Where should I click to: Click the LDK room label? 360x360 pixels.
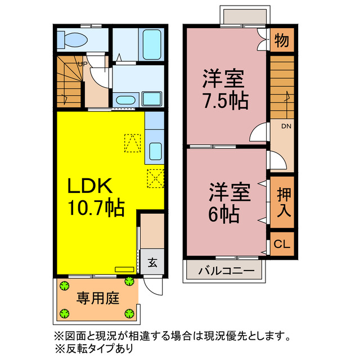(92, 187)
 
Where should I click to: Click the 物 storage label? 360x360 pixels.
(282, 40)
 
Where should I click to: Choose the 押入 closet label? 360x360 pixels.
(282, 202)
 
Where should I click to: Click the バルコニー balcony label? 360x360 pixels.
(226, 271)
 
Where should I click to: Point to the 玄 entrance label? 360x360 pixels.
(152, 262)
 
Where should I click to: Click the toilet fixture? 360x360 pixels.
(71, 40)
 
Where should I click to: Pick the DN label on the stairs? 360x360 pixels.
(286, 127)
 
